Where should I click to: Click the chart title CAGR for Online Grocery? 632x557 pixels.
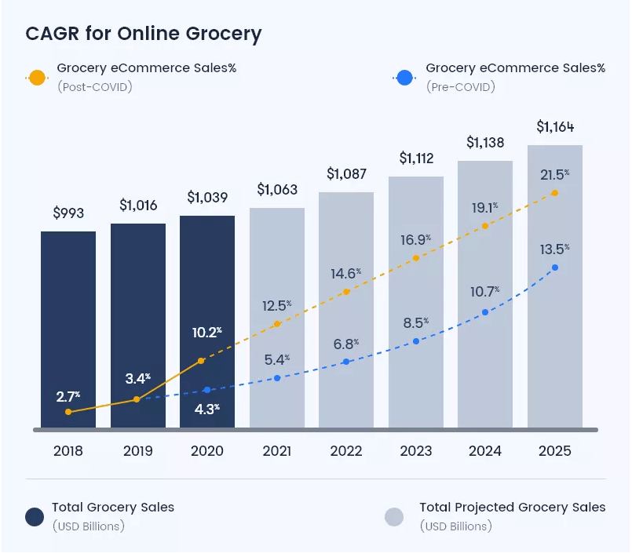coord(144,34)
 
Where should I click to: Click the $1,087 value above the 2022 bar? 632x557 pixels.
coord(345,173)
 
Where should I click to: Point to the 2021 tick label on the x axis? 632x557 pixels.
coord(276,452)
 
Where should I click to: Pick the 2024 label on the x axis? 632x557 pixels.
coord(484,452)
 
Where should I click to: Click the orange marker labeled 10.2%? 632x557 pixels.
coord(202,361)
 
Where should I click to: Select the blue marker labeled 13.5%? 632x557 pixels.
coord(555,268)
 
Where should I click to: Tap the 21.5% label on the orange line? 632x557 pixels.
coord(554,175)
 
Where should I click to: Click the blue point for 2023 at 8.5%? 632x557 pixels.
coord(415,341)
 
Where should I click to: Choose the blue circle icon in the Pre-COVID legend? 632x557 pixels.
coord(405,78)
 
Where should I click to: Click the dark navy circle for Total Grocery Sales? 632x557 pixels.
coord(35,516)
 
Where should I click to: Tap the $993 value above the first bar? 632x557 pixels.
coord(68,213)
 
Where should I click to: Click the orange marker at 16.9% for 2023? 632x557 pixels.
coord(415,258)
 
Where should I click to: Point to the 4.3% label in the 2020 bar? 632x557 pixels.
coord(206,409)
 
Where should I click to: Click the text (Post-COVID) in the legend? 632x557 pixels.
coord(94,86)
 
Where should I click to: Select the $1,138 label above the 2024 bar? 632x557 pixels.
coord(485,143)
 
